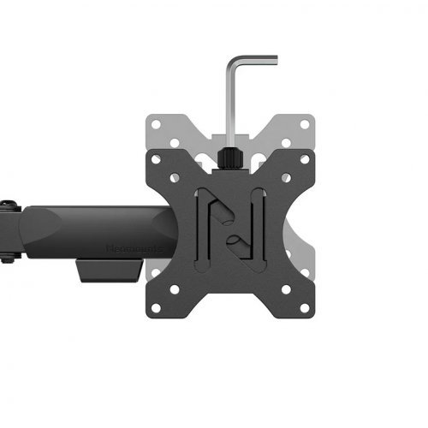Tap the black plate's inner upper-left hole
click(x=175, y=178)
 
